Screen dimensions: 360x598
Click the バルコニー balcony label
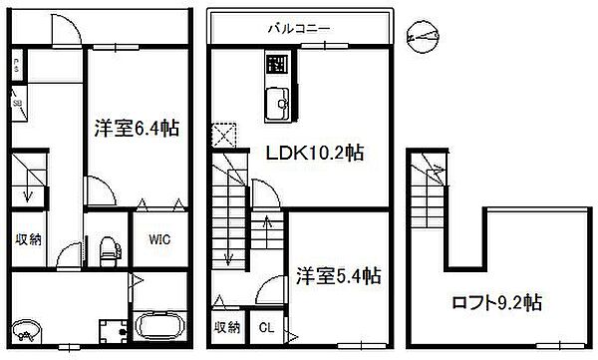(x=297, y=29)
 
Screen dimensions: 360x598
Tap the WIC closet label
(x=161, y=240)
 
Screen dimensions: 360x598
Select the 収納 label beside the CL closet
(x=227, y=327)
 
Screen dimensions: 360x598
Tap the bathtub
(x=157, y=326)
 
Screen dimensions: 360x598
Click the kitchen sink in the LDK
(x=275, y=101)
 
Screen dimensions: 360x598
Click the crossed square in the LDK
(x=224, y=134)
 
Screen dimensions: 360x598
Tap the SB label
(x=18, y=103)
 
